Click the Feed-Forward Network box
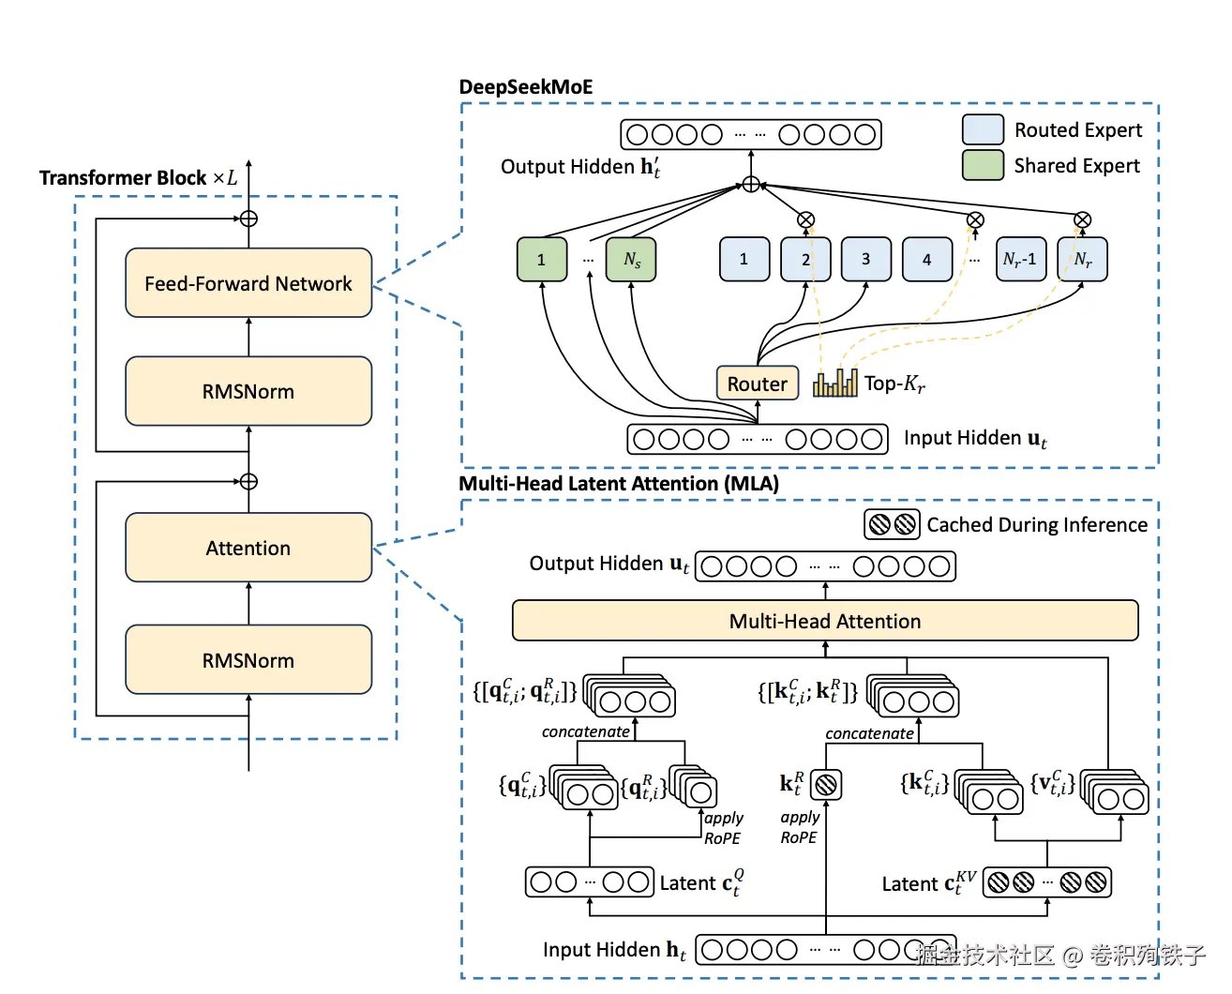[x=248, y=283]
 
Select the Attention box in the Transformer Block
[x=248, y=548]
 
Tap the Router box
[x=758, y=384]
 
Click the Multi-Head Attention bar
[x=825, y=621]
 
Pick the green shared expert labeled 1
[x=542, y=260]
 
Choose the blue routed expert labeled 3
[x=865, y=260]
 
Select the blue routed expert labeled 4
[x=926, y=260]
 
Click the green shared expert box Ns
[x=631, y=260]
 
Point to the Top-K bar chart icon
[x=835, y=382]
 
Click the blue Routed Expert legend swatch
[x=983, y=129]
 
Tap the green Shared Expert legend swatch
[x=983, y=165]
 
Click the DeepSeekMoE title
[x=526, y=87]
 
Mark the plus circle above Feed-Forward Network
[x=248, y=218]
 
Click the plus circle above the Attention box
[x=248, y=482]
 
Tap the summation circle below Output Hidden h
[x=751, y=185]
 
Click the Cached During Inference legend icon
[x=892, y=524]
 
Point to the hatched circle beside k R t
[x=826, y=784]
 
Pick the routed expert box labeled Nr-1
[x=1020, y=260]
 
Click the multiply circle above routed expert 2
[x=805, y=220]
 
